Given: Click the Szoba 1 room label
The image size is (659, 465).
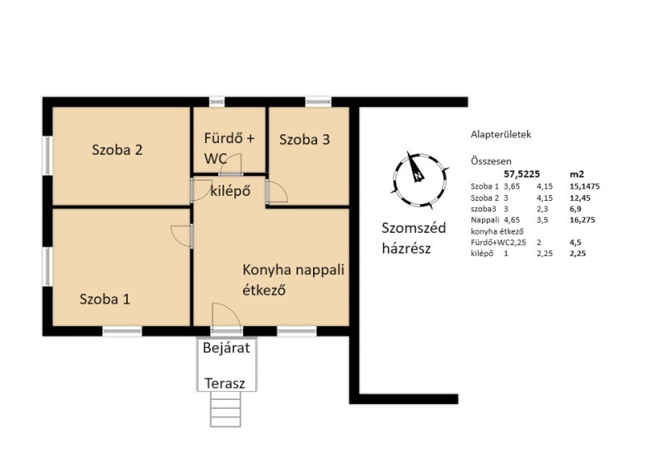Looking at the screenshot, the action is click(x=105, y=299).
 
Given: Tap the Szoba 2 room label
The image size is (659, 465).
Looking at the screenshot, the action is click(x=117, y=150).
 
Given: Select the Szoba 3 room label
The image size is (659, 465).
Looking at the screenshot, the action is click(x=305, y=139).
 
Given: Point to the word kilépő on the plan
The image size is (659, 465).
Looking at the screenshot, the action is click(x=231, y=191).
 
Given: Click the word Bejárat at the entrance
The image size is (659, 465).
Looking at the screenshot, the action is click(x=226, y=348).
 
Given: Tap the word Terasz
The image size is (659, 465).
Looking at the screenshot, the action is click(x=225, y=383).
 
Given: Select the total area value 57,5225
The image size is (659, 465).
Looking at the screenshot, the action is click(x=521, y=174).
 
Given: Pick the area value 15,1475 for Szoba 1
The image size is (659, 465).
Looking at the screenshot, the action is click(x=585, y=186).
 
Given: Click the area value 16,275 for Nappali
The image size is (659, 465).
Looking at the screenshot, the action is click(x=582, y=220).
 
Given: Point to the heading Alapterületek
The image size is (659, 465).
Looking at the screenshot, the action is click(x=501, y=134).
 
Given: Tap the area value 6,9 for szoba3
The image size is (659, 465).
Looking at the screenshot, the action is click(x=575, y=209).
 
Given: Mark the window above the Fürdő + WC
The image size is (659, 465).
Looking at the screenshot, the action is click(x=217, y=102).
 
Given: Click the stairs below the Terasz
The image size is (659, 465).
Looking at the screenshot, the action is click(x=226, y=409).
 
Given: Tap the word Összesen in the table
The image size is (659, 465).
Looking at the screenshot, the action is click(x=491, y=160).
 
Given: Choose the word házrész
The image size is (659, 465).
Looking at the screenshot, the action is click(x=406, y=249).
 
